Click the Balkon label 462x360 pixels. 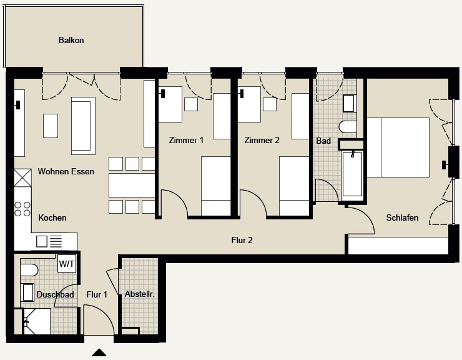click(71, 40)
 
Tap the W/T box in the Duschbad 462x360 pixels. click(67, 264)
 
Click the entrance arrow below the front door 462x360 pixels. click(99, 352)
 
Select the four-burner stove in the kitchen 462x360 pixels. click(22, 209)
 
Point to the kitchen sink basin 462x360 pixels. click(42, 241)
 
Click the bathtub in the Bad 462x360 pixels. click(352, 173)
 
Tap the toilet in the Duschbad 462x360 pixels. click(29, 270)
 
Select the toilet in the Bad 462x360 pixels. click(348, 127)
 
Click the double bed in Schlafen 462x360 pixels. click(398, 147)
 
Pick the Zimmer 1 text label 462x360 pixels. click(186, 140)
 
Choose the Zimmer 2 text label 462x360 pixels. click(262, 140)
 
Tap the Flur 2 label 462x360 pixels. click(242, 240)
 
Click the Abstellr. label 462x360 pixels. click(140, 294)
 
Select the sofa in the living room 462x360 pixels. click(83, 126)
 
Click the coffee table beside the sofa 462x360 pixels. click(51, 126)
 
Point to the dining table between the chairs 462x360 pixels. click(132, 185)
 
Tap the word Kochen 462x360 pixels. click(52, 217)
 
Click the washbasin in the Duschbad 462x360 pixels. click(27, 292)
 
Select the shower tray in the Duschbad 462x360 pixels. click(37, 321)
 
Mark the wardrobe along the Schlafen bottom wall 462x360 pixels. click(398, 246)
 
